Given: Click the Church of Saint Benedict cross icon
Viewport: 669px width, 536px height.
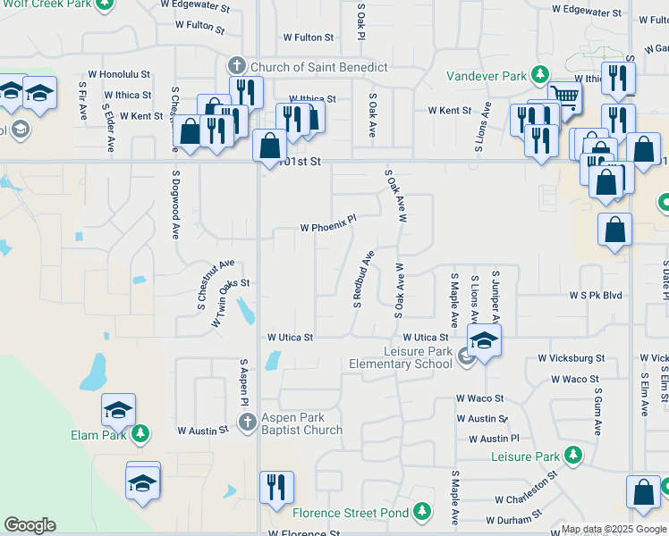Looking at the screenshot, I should pos(237,66).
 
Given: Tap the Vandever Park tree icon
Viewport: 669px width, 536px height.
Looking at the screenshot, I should pos(539,75).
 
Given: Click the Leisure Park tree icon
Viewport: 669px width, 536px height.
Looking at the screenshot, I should pos(573,456).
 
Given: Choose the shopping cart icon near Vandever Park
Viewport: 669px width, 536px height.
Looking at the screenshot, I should pos(563,96).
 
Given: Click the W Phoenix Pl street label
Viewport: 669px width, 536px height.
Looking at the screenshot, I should pos(328,229).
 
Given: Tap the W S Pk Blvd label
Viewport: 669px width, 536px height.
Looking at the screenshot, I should pos(596,294).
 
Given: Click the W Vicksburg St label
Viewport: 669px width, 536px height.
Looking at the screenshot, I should pos(571,357).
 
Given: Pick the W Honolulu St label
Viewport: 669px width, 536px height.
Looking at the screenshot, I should pos(119,75).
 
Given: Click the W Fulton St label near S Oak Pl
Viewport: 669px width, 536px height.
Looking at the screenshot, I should pos(308,38).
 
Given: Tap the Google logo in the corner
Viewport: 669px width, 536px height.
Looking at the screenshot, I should pos(30,524).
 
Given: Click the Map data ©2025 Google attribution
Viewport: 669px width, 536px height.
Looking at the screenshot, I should pos(614,529).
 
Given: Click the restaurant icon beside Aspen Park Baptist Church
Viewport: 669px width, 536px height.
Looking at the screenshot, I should pos(275,488).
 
